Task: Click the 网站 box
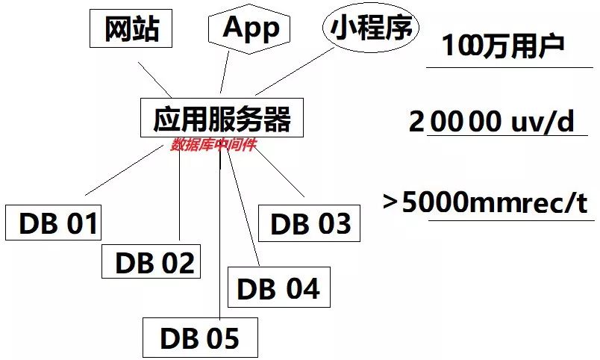click(x=131, y=29)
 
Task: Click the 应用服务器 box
click(x=222, y=118)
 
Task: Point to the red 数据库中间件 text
click(x=213, y=145)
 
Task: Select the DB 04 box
click(x=277, y=288)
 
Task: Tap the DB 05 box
click(x=199, y=338)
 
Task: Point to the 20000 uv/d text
click(x=493, y=122)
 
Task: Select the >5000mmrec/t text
click(x=486, y=202)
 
